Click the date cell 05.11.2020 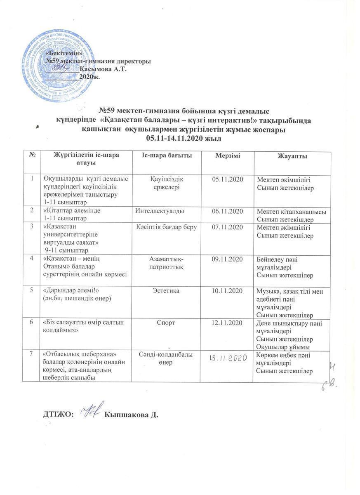tap(227, 179)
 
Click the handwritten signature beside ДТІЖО tap(91, 410)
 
